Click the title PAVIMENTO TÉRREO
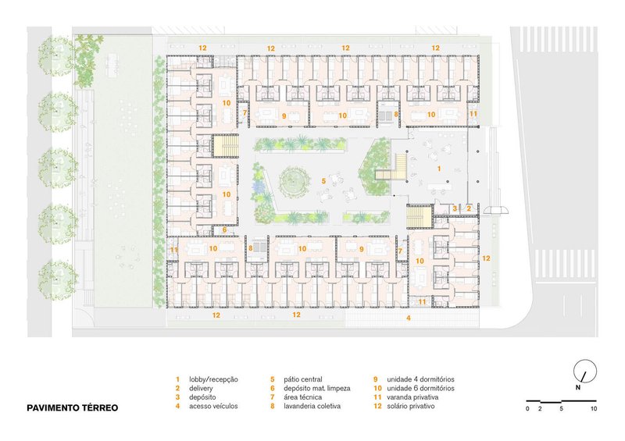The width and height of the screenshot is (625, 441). [x=72, y=408]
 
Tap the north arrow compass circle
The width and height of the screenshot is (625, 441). [x=585, y=371]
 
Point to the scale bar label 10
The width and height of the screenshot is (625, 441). [x=594, y=409]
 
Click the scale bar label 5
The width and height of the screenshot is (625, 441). [x=561, y=409]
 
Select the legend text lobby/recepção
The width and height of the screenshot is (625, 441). [x=213, y=379]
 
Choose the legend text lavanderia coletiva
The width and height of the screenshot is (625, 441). [x=312, y=407]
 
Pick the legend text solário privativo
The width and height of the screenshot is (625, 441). [x=411, y=407]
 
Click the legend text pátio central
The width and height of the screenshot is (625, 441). [x=303, y=379]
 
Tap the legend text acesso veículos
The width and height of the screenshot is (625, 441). [x=213, y=407]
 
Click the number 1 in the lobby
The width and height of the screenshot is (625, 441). [x=439, y=169]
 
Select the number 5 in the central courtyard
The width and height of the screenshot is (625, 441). [x=323, y=181]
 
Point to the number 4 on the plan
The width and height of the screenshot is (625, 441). [x=409, y=318]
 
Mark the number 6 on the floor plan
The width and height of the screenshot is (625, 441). [x=224, y=229]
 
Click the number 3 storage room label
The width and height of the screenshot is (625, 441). [x=455, y=208]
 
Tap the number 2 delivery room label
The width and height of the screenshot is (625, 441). [x=469, y=208]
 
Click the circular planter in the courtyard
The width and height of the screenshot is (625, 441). [x=295, y=182]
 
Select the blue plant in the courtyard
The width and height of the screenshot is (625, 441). [x=258, y=186]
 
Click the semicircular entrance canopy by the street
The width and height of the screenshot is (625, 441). [x=495, y=210]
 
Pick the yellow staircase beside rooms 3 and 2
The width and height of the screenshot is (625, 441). [x=420, y=217]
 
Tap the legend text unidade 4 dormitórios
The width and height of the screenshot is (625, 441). [x=420, y=379]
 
